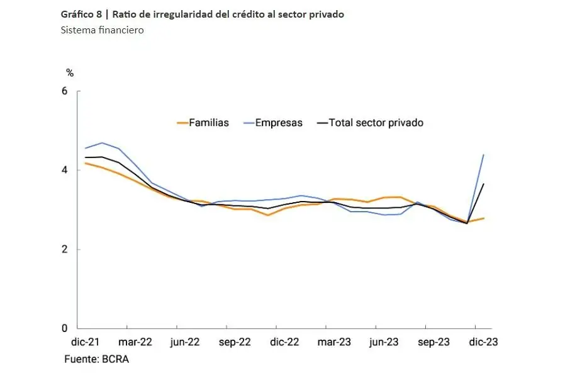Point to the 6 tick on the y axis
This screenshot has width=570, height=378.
pos(64,91)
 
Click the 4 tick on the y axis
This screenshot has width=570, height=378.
pos(64,170)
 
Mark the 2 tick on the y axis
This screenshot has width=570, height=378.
pos(64,249)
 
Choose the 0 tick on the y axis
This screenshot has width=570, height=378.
pos(64,328)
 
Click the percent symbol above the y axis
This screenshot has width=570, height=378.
pos(70,73)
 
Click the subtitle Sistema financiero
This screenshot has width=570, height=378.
pos(103,30)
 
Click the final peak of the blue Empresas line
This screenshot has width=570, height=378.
pos(483,154)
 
